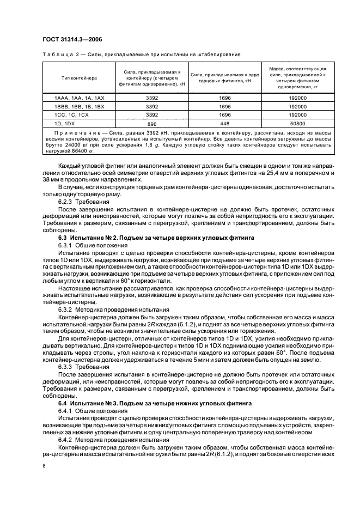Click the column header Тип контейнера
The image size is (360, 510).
(x=78, y=77)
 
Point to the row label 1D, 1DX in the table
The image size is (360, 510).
(x=66, y=124)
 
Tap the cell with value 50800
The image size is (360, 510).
(x=299, y=124)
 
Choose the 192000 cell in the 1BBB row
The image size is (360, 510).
(x=299, y=106)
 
